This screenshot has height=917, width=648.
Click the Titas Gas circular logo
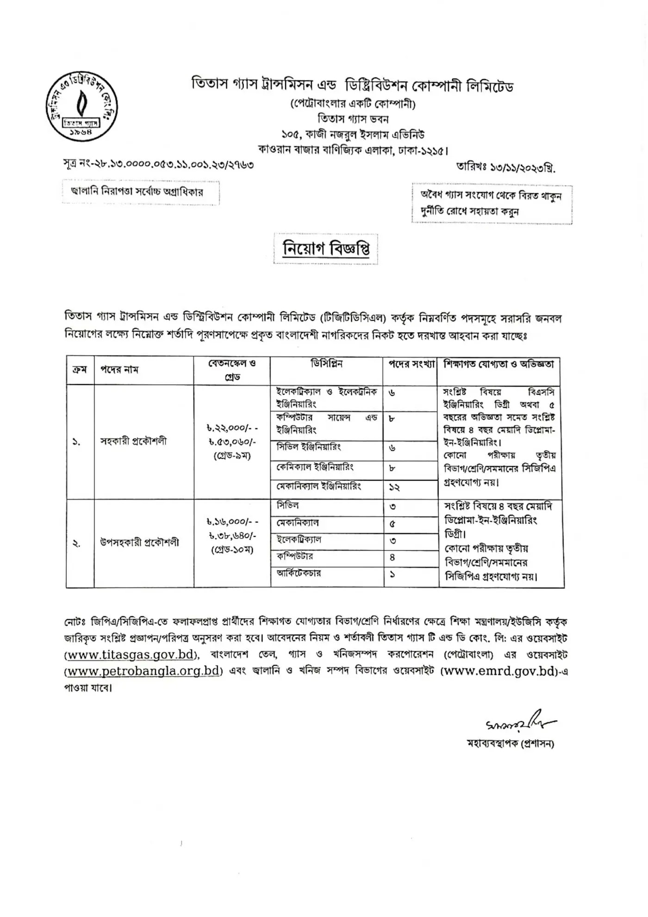81,106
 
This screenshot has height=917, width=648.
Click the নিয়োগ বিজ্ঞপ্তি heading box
326,249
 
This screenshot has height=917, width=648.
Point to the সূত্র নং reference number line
158,164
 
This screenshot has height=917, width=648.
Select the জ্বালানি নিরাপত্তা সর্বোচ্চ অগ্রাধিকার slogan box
141,192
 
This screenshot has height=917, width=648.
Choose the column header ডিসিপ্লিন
326,364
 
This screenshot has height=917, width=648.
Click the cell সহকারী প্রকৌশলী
133,441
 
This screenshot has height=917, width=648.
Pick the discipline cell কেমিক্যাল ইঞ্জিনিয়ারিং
315,467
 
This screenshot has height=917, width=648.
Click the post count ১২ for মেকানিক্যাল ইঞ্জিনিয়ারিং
394,487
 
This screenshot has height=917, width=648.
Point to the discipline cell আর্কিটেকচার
299,573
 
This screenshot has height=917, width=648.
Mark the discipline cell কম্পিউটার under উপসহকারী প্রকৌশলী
295,556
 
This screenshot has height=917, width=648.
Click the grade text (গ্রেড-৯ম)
232,455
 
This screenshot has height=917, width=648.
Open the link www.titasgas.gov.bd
131,655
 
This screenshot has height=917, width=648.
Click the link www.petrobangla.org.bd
143,671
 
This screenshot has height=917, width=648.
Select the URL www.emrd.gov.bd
498,671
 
